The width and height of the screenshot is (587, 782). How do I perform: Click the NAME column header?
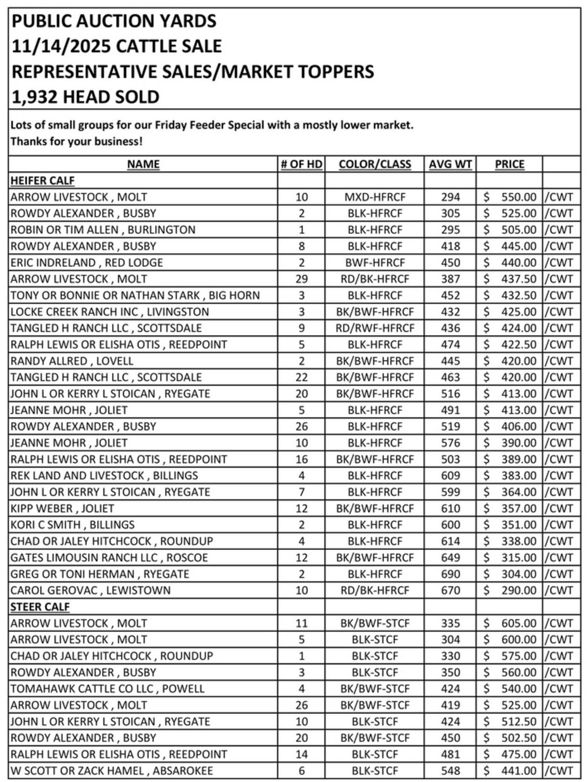[143, 164]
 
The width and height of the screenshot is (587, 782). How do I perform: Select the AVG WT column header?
[450, 164]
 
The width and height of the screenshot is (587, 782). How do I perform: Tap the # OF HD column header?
[301, 164]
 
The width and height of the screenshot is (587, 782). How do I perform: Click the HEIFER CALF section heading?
[42, 181]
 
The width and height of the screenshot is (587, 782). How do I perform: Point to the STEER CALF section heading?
[40, 607]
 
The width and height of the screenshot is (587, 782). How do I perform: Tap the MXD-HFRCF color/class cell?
[374, 197]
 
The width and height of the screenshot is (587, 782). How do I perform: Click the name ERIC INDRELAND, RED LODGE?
[86, 262]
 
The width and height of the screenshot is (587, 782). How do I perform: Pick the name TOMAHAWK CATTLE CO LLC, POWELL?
[107, 689]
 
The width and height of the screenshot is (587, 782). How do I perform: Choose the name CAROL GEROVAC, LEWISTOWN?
[91, 590]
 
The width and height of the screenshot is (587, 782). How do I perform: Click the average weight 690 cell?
[450, 574]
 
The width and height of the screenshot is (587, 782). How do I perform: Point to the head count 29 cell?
[301, 279]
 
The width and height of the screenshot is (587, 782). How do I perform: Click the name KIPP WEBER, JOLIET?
[62, 509]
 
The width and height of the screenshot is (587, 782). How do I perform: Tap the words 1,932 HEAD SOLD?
[85, 97]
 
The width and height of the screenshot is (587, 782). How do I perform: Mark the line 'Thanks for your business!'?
[76, 141]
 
